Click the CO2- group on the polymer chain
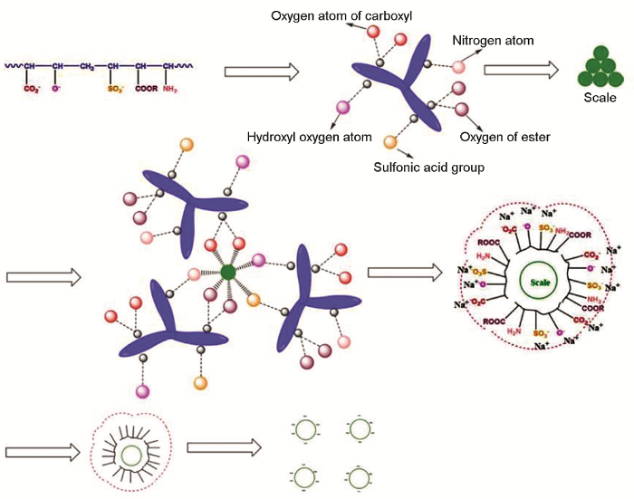coord(31,89)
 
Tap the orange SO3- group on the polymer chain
coord(112,89)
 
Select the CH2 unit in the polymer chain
coord(84,66)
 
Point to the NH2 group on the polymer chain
coord(169,89)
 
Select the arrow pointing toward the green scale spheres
coord(533,70)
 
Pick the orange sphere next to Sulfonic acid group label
coord(391,142)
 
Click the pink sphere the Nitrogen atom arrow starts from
coord(459,66)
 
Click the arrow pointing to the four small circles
coord(223,447)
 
